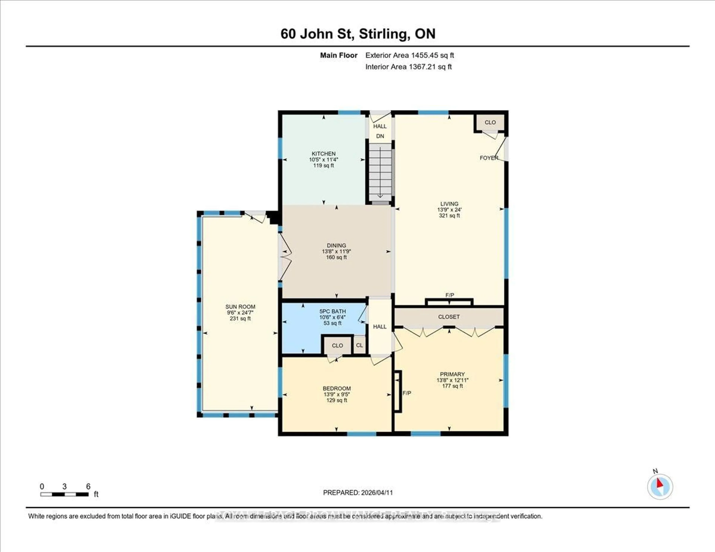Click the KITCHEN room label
pos(323,154)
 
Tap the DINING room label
pos(336,245)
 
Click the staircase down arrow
pos(380,173)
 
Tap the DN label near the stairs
pos(380,136)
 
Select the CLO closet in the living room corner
pos(490,122)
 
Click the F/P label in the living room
pos(449,295)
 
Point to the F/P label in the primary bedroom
pos(407,393)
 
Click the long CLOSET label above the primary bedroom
pos(449,317)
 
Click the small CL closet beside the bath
pos(360,345)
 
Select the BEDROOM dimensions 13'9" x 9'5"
pos(336,394)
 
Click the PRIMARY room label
pos(452,374)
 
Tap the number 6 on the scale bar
pos(88,486)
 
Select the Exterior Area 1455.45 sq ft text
pos(410,55)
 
